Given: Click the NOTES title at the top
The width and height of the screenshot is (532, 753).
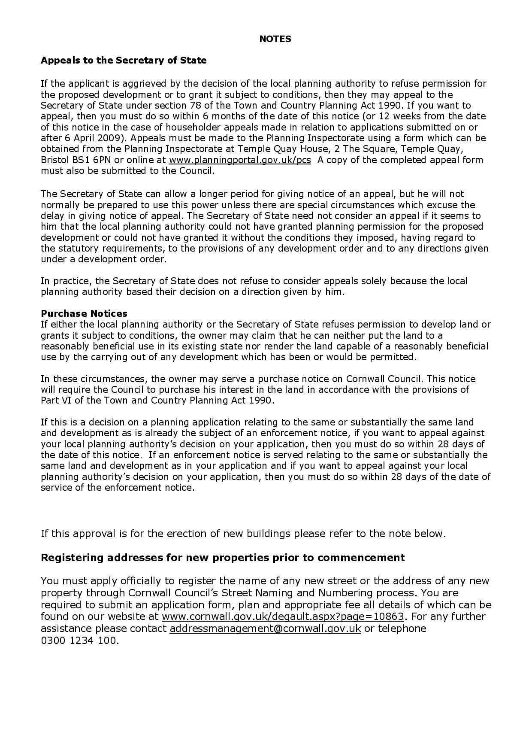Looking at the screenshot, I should coord(275,39).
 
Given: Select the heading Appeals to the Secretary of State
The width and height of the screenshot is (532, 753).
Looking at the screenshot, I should coord(124,60).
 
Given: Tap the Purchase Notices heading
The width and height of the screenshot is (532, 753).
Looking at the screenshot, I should coord(84,313).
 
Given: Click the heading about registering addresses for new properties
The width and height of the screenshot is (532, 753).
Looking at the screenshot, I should coord(223,558).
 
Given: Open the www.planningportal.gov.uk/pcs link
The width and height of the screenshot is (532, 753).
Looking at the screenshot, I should coord(240,160).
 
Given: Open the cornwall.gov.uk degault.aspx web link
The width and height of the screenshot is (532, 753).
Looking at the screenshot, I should coord(283,616).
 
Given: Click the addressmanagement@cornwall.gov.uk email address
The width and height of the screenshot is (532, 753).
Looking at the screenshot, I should coord(265,629).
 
